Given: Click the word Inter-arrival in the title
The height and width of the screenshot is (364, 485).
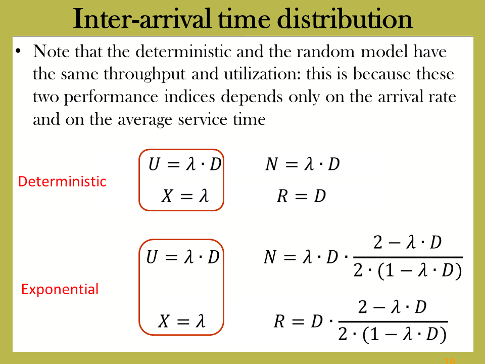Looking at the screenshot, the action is (x=142, y=19).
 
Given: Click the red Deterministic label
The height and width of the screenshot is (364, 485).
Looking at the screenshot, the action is (x=62, y=181).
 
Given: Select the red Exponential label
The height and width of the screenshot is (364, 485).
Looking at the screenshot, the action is (x=60, y=290).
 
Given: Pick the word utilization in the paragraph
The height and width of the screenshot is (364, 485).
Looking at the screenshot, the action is (x=262, y=74).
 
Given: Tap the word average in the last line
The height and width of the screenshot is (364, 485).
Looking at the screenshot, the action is (x=145, y=120).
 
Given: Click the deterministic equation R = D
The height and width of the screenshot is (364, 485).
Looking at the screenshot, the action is (x=302, y=196).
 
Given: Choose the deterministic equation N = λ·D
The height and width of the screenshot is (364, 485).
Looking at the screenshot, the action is (x=303, y=164).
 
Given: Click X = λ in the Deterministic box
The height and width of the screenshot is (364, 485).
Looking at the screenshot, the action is (x=185, y=196).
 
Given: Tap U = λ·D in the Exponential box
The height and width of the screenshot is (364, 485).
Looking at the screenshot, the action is (x=183, y=257).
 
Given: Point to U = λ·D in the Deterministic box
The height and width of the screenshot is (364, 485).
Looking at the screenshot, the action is (x=185, y=164).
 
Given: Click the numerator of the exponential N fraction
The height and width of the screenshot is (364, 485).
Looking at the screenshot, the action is (x=407, y=242).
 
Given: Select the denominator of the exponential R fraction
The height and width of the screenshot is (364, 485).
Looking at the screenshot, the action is (x=393, y=335).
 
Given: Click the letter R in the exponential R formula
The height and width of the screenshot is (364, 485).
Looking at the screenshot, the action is (x=279, y=321).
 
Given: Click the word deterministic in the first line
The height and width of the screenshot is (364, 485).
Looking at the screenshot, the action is (x=183, y=51).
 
